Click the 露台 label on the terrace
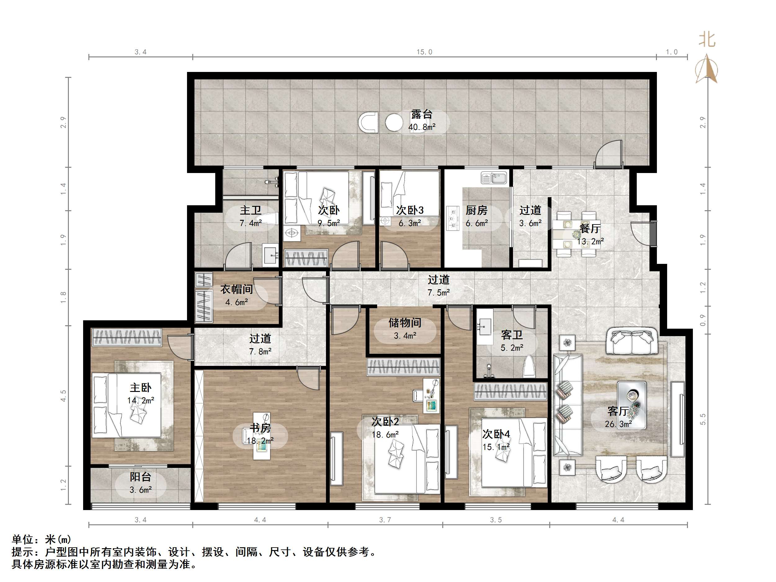[422, 114]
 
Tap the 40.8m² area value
[422, 127]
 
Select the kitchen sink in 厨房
[493, 178]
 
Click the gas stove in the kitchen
[453, 218]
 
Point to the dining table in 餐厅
[576, 234]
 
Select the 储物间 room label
[405, 323]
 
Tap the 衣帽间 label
[236, 289]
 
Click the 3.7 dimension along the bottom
[385, 520]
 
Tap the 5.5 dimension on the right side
[703, 419]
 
